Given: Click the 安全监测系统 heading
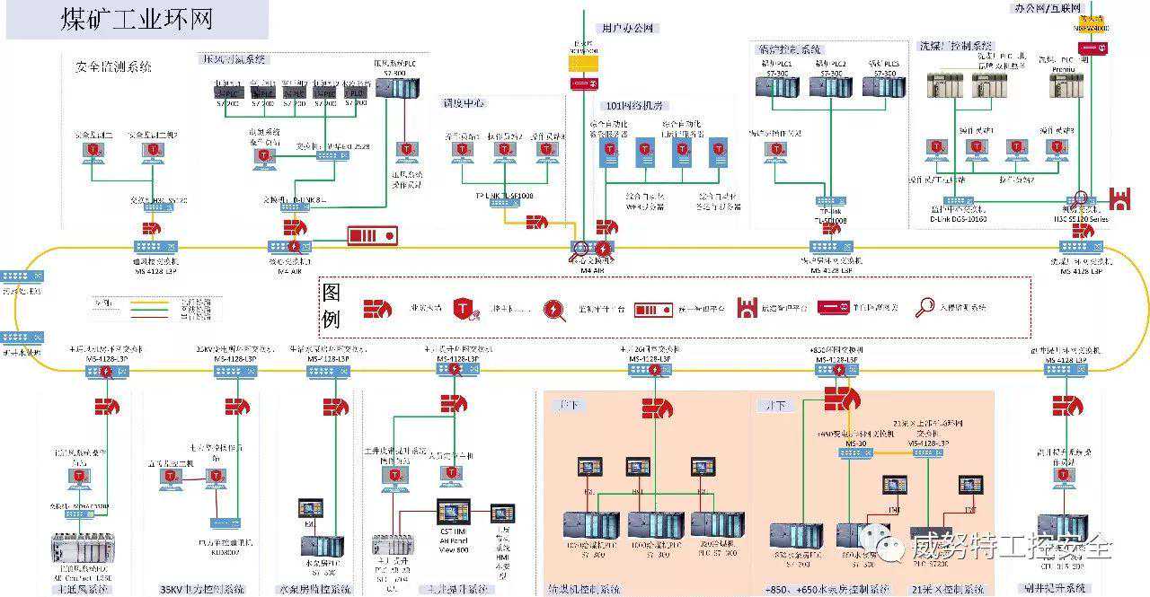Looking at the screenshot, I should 113,66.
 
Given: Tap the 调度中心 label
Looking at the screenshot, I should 463,102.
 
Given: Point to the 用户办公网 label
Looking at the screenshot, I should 629,28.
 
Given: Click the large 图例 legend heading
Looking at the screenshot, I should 332,305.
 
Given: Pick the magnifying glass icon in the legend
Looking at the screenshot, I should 924,307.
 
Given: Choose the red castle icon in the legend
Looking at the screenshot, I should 747,307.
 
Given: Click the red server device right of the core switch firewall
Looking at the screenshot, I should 372,235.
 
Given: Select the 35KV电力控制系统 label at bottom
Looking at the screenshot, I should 202,589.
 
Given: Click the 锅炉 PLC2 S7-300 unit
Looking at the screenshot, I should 830,85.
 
